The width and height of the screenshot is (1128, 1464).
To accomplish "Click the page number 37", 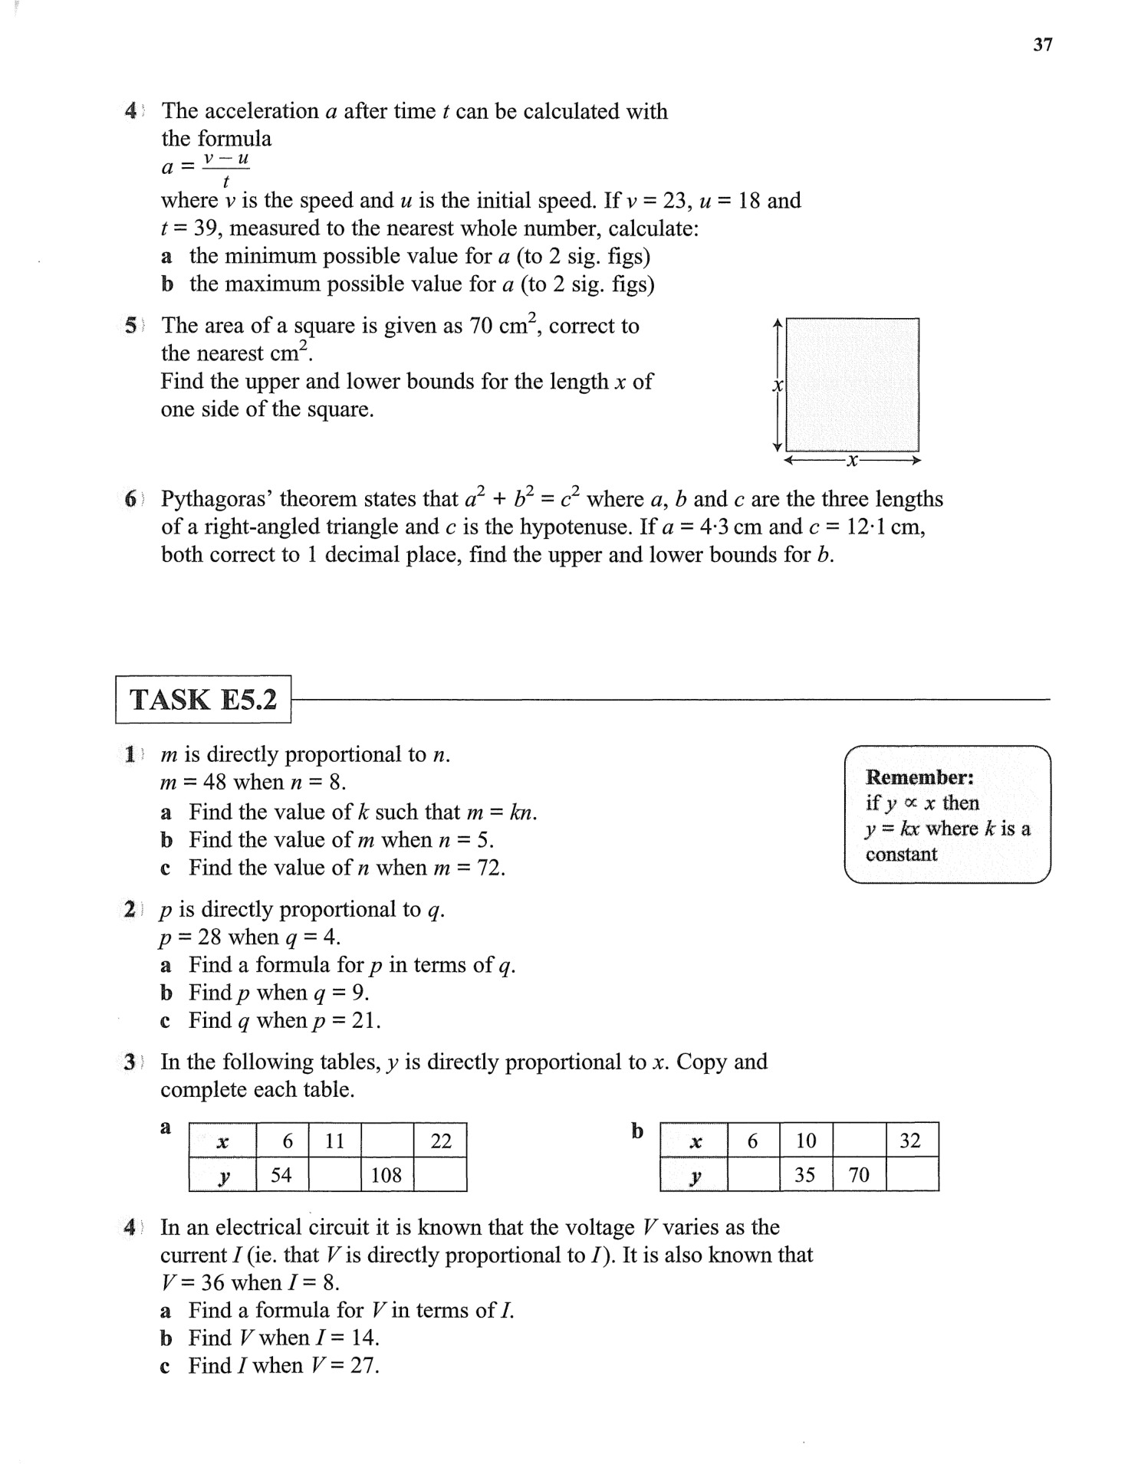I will click(1042, 44).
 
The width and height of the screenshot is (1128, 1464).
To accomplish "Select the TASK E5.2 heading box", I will click(203, 699).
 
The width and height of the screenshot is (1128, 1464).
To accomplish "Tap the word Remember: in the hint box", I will click(919, 777).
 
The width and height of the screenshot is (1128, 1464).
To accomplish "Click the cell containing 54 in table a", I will click(281, 1174).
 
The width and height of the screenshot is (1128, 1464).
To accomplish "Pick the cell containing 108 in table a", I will click(386, 1174).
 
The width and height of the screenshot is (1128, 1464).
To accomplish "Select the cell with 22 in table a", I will click(441, 1141).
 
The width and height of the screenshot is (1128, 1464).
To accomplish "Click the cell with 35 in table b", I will click(804, 1174).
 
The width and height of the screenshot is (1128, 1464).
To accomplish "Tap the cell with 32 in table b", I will click(910, 1141).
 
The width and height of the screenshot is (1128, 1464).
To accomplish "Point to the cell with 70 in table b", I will click(859, 1174).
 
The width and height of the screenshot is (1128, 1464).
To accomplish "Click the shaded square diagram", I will click(852, 385).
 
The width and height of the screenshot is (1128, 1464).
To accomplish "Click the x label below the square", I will click(852, 461).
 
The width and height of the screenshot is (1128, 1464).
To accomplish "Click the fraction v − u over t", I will click(225, 169).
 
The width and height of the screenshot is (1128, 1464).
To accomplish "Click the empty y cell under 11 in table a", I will click(334, 1174).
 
